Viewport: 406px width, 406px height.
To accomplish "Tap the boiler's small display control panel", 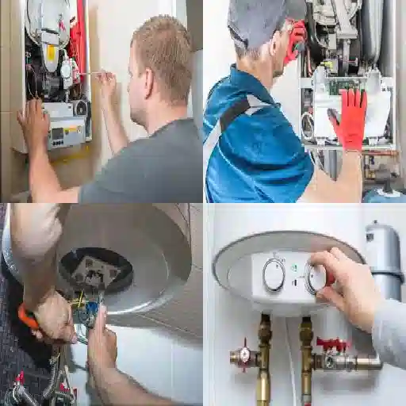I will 67,132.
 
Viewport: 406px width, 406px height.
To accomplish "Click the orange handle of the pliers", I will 28,317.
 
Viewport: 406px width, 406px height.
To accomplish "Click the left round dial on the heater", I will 274,275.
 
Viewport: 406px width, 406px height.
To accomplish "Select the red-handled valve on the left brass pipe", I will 244,354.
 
